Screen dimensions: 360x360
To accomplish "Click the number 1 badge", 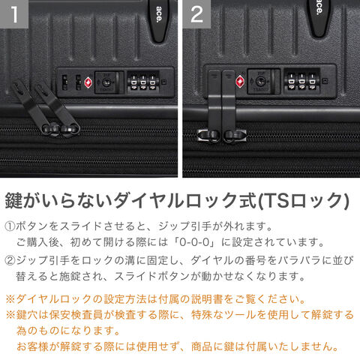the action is (x=14, y=14).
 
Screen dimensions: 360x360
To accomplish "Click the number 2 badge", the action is (x=196, y=14).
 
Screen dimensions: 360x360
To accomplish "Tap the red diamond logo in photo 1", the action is (x=88, y=82).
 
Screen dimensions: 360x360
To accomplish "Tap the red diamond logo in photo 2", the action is (x=240, y=82).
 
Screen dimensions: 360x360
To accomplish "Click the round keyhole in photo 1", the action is (x=106, y=82).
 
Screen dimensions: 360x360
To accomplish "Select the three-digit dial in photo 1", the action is (x=142, y=82).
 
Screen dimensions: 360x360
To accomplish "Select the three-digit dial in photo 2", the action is (x=301, y=81).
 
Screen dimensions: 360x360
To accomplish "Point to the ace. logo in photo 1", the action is (x=159, y=14).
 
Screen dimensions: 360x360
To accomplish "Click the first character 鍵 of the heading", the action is (x=14, y=200).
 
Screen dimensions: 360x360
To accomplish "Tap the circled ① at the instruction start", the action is (x=10, y=226).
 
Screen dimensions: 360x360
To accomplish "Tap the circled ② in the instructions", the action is (x=10, y=261).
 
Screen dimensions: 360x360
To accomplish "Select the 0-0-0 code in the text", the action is (x=194, y=242).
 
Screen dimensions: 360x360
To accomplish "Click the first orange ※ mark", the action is (x=10, y=299).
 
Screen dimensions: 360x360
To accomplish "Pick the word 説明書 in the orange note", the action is (x=207, y=299).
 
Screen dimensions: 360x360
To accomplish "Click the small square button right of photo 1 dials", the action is (x=163, y=82).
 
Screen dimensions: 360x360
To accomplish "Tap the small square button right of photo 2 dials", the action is (x=325, y=81).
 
